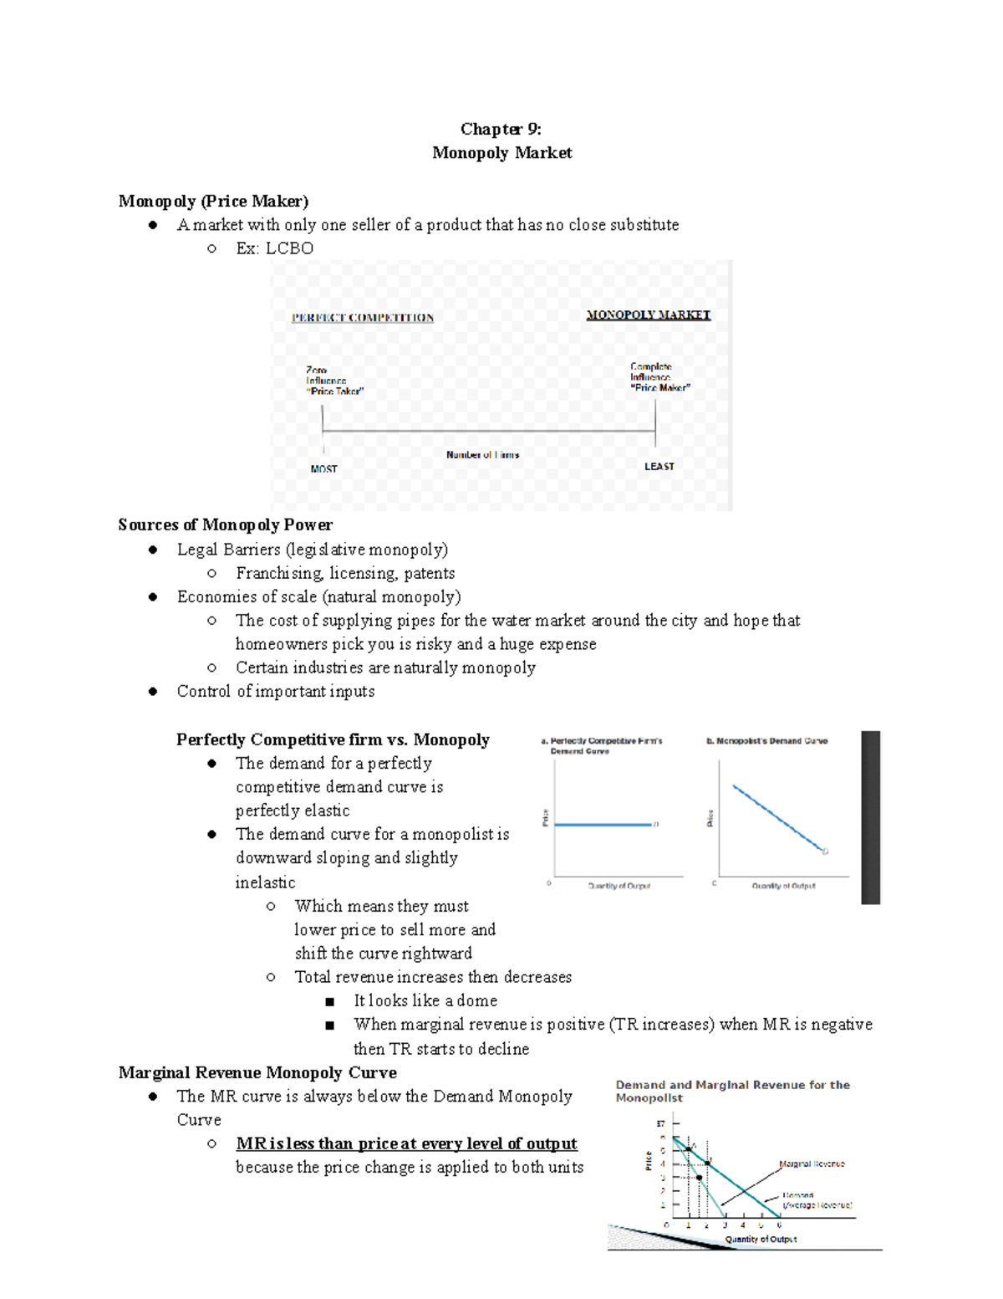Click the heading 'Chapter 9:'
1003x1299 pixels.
coord(501,129)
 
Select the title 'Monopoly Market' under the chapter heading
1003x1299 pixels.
coord(501,152)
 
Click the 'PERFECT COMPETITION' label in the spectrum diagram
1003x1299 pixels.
coord(362,318)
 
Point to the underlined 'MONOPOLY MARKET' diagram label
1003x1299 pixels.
coord(648,315)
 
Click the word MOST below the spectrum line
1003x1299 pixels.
coord(323,469)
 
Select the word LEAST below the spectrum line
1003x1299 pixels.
coord(659,467)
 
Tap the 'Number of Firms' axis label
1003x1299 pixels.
coord(482,455)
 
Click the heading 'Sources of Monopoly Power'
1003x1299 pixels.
coord(225,524)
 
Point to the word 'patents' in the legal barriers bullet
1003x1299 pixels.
coord(430,573)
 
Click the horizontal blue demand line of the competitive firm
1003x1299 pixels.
coord(602,825)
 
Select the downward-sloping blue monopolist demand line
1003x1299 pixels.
coord(777,818)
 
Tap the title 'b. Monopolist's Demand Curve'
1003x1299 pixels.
coord(766,741)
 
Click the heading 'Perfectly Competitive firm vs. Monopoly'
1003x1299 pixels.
coord(333,739)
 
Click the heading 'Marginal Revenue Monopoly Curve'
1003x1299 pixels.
coord(257,1072)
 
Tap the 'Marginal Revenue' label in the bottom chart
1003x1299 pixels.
coord(812,1163)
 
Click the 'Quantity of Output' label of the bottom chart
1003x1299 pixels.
coord(761,1239)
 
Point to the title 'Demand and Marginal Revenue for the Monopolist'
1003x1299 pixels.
coord(732,1091)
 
